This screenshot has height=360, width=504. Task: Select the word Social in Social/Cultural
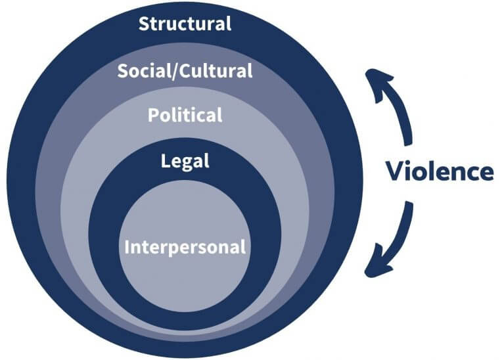pos(139,71)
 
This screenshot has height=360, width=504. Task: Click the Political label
pos(185,116)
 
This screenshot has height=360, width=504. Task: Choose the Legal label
pos(185,161)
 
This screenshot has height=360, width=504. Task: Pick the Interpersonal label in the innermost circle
pos(185,248)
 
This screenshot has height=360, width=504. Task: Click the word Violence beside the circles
pos(439,171)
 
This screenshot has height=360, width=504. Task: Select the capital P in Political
pos(153,116)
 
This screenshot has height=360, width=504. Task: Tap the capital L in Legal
pos(166,160)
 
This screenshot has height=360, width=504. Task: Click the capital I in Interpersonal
pos(127,248)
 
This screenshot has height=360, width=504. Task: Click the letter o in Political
pos(164,116)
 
